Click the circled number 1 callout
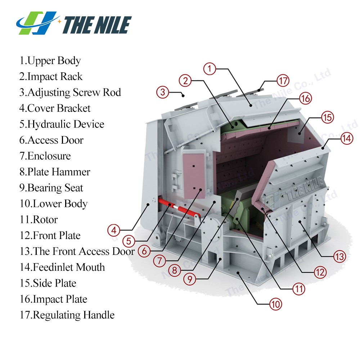click(x=210, y=69)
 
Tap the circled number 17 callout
click(x=283, y=81)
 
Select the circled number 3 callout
click(x=163, y=92)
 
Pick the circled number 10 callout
click(x=275, y=305)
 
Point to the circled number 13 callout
click(x=339, y=256)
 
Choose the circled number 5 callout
click(x=129, y=241)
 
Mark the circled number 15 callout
click(x=327, y=118)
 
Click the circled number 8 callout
click(x=175, y=270)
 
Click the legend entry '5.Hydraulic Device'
click(x=62, y=124)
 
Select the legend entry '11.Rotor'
click(x=39, y=220)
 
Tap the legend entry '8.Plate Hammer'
click(x=55, y=172)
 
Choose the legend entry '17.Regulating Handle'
click(x=67, y=315)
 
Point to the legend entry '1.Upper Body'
click(x=50, y=61)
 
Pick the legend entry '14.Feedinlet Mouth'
click(x=62, y=267)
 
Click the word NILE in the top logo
click(x=112, y=25)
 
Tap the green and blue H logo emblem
click(x=37, y=23)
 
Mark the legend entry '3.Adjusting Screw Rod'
click(x=70, y=93)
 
